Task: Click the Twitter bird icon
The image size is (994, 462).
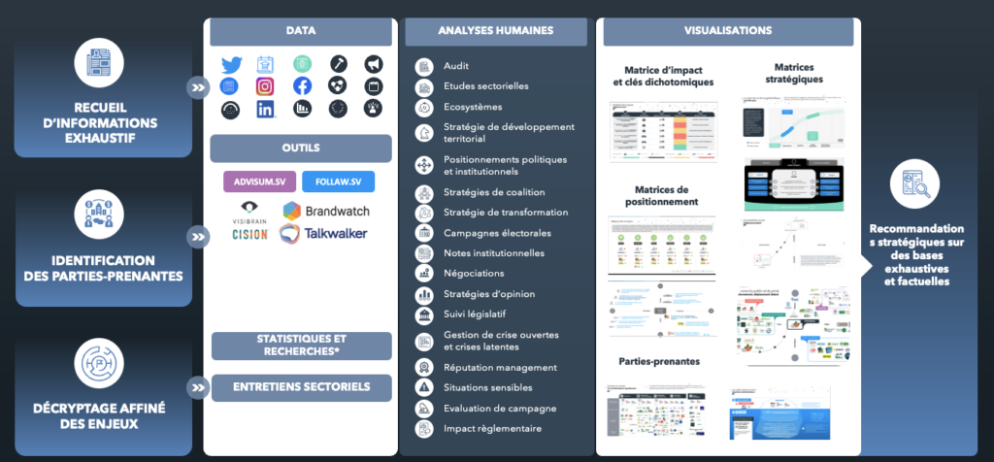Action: (231, 65)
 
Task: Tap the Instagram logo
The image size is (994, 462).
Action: (265, 86)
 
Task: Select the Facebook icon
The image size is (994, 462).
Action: (302, 86)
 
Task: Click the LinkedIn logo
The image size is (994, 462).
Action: (265, 109)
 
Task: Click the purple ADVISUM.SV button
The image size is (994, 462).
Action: (258, 181)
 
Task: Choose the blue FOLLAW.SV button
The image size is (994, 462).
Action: (338, 181)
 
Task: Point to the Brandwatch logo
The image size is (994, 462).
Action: (326, 211)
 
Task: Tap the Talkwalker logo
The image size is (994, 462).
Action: (323, 233)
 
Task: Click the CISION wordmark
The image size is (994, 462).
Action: (249, 234)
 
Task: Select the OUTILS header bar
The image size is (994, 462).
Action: (301, 148)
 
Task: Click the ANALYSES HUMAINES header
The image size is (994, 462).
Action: (495, 31)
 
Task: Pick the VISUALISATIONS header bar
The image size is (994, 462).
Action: (728, 31)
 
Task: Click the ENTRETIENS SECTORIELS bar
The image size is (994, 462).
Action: (301, 387)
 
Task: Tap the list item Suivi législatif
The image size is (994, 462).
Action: (474, 314)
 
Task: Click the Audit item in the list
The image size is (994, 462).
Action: (456, 66)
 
